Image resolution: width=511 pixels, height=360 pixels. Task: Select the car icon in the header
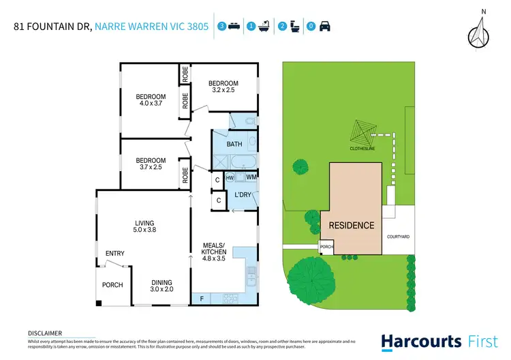[x=324, y=27]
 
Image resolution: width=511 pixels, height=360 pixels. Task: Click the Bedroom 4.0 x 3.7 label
[x=150, y=100]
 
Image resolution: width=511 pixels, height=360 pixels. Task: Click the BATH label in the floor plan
[x=234, y=145]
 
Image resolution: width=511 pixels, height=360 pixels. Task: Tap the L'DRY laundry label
[x=243, y=196]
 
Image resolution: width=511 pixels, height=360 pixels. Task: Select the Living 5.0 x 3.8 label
[x=144, y=226]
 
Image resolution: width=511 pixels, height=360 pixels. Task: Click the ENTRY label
[x=114, y=254]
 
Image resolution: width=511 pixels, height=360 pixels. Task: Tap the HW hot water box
[x=230, y=178]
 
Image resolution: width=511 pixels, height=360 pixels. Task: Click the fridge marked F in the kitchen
[x=202, y=299]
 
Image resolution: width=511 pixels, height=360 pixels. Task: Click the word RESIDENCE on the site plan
[x=352, y=226]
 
